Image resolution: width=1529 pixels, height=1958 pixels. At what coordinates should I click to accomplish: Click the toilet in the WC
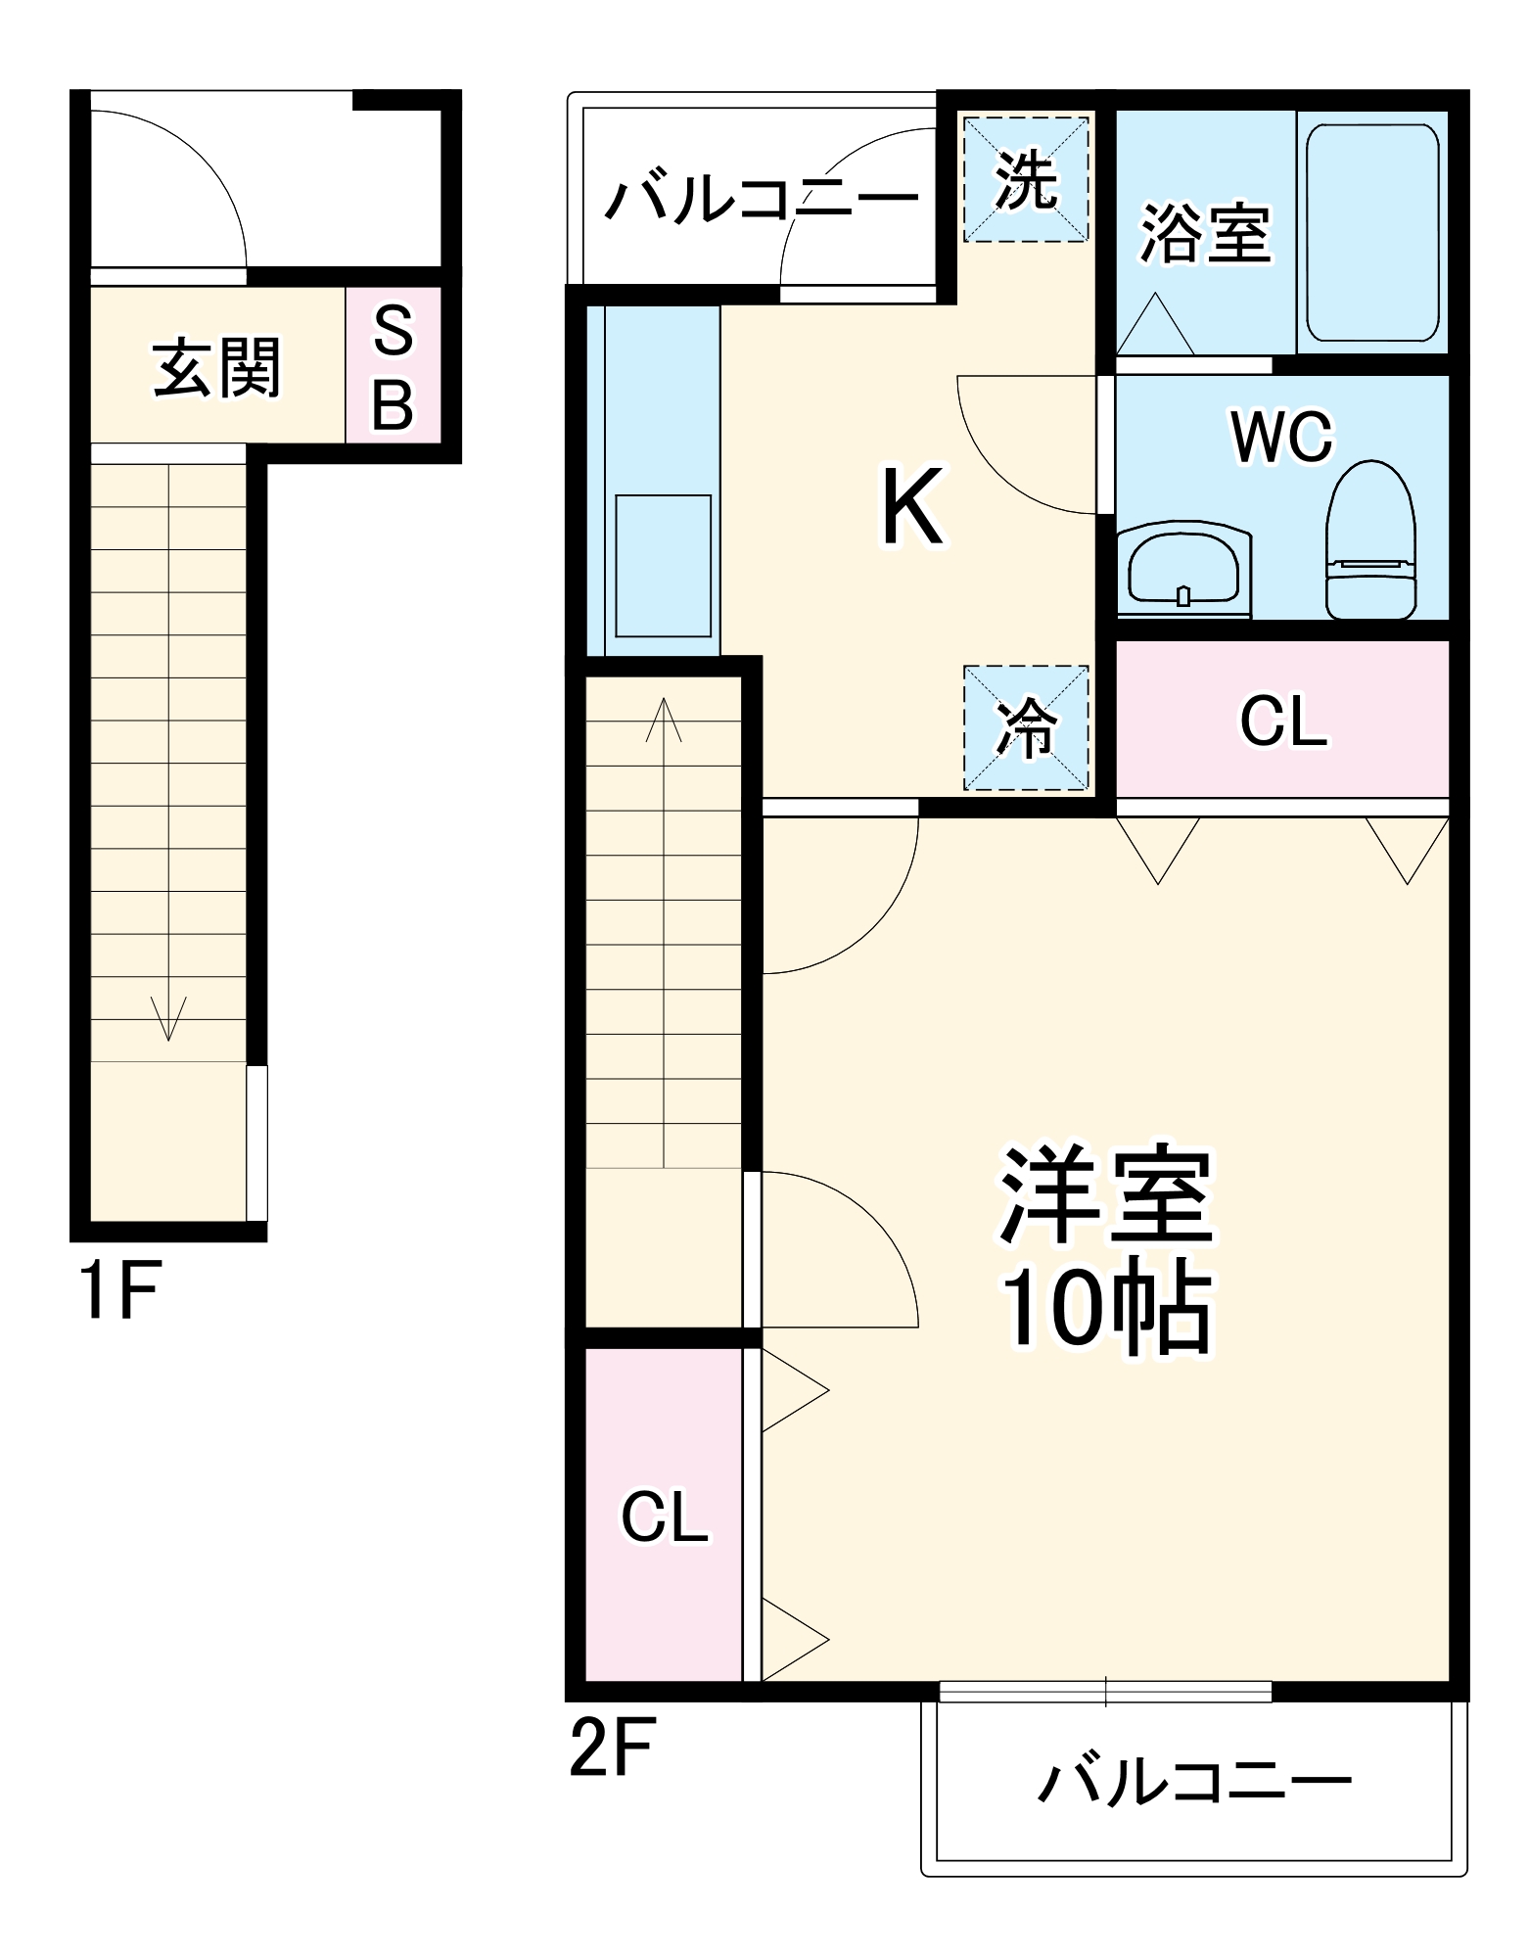click(x=1371, y=541)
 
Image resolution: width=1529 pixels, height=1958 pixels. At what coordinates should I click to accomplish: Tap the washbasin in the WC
click(x=1183, y=570)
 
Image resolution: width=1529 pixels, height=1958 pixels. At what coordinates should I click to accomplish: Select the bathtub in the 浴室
click(x=1372, y=233)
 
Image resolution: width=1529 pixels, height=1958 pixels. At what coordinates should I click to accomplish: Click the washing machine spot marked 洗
click(x=1026, y=180)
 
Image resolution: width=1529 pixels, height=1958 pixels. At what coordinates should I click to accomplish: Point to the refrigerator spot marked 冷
click(x=1026, y=728)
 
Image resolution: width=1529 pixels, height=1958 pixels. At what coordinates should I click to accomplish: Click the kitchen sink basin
click(x=663, y=566)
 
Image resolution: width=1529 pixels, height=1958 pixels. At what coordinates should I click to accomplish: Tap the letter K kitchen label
click(x=912, y=507)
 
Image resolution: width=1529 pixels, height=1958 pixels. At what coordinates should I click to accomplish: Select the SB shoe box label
click(x=394, y=366)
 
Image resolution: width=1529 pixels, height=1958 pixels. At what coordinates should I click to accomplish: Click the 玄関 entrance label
click(x=216, y=368)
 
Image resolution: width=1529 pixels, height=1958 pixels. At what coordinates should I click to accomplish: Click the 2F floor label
click(x=611, y=1748)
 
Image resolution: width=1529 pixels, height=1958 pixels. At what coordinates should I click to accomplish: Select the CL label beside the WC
click(x=1282, y=722)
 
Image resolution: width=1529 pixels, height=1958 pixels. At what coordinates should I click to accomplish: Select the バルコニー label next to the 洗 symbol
click(x=762, y=199)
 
